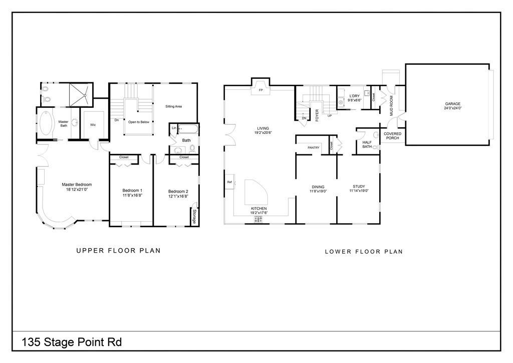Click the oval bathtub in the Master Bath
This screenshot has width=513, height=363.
(46, 123)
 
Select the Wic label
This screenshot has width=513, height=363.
(93, 125)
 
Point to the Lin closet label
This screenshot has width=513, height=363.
(174, 128)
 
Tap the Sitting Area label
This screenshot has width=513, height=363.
(173, 106)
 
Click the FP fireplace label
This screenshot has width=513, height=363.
(261, 90)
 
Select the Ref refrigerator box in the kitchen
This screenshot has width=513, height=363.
(229, 182)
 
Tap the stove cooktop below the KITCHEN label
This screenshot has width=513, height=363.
(259, 219)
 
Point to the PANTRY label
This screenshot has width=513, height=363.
(314, 147)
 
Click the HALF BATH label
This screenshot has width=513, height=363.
(367, 144)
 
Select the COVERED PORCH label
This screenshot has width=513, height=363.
(392, 136)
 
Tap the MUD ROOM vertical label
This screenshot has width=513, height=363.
(392, 106)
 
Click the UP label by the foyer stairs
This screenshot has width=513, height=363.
(330, 116)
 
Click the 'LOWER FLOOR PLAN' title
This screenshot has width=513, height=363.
(363, 252)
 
